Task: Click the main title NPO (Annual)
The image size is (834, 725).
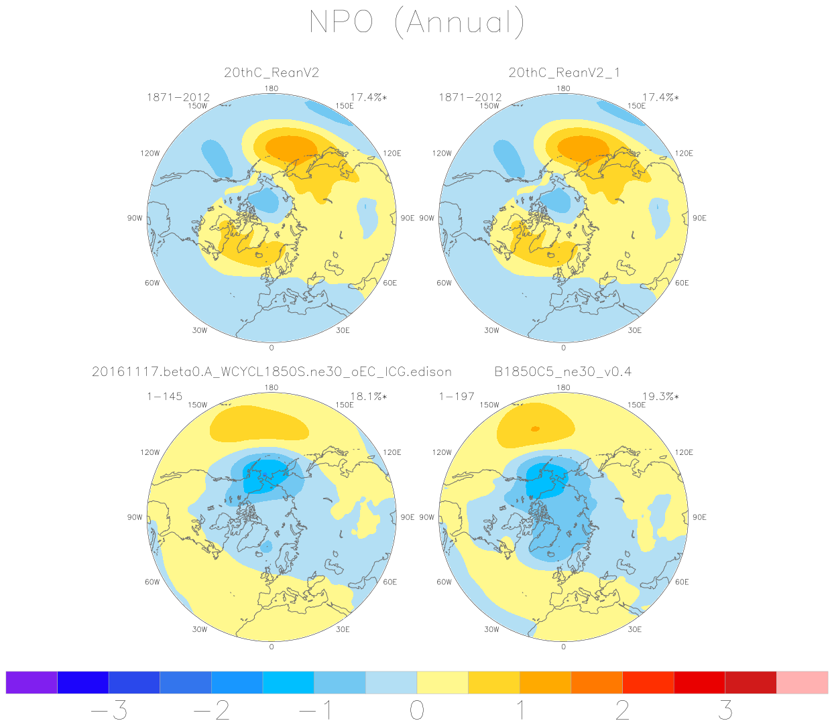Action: coord(416,23)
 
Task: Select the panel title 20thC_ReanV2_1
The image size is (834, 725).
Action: coord(564,73)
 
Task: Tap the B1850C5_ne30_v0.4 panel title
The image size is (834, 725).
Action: coord(562,372)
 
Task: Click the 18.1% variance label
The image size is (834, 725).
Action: coord(368,397)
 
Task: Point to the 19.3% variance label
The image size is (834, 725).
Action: coord(660,397)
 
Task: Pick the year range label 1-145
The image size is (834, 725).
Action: coord(164,397)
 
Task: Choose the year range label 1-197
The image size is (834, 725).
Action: coord(457,397)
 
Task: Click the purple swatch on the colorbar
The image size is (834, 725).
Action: coord(32,682)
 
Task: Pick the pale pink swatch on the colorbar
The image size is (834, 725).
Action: coord(802,682)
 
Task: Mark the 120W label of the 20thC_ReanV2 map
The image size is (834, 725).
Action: coord(150,153)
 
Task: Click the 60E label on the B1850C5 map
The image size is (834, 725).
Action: coord(682,582)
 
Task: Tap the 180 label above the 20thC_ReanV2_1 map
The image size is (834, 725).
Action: coord(563,88)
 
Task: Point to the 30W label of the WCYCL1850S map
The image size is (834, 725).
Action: coord(199,629)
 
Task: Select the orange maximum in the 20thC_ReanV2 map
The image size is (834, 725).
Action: coord(291,147)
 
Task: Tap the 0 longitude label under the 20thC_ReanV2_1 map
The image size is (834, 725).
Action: coord(563,348)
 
